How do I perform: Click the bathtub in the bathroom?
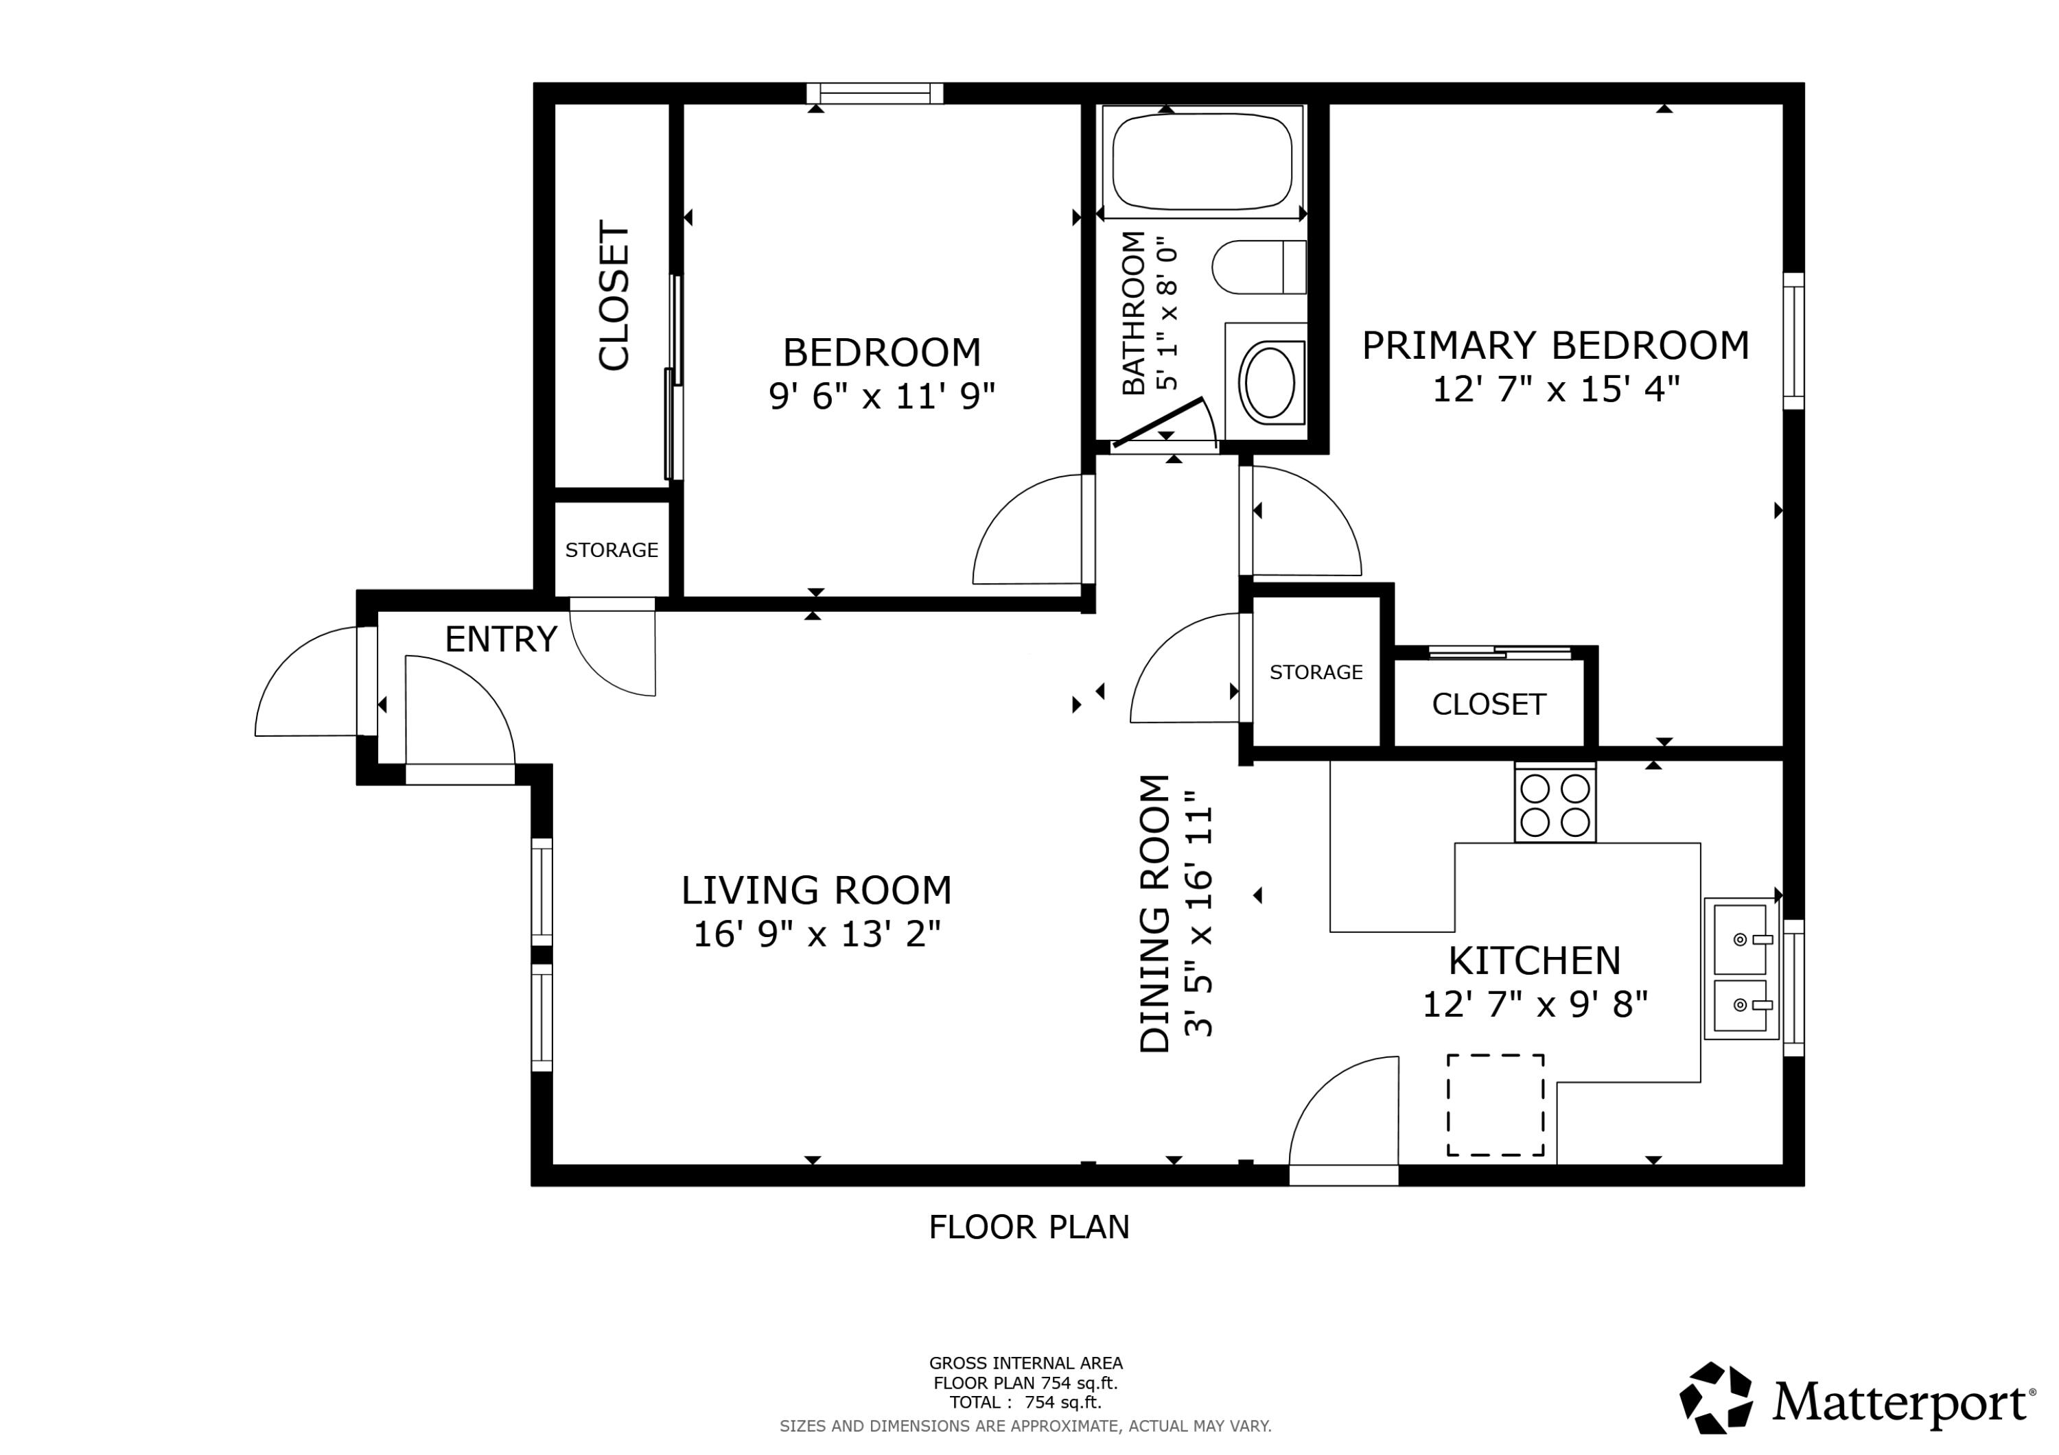click(x=1202, y=161)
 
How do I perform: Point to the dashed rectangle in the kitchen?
click(x=1495, y=1104)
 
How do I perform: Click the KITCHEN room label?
click(x=1535, y=961)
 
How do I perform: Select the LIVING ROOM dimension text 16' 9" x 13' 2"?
click(x=816, y=934)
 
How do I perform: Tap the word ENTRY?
click(x=500, y=639)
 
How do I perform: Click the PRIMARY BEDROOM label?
click(x=1555, y=346)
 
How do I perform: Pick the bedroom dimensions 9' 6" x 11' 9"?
click(x=881, y=395)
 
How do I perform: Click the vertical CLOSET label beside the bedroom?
click(x=615, y=296)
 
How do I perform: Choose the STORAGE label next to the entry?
click(x=612, y=549)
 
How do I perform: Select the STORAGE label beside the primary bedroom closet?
click(x=1316, y=672)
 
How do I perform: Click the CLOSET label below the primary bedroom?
click(x=1489, y=705)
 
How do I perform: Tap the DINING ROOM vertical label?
click(x=1155, y=912)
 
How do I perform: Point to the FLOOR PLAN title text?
click(x=1029, y=1227)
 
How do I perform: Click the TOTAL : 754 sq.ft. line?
click(x=1025, y=1402)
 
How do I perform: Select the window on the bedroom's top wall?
click(x=874, y=93)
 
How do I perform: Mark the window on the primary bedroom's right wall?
click(x=1793, y=341)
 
